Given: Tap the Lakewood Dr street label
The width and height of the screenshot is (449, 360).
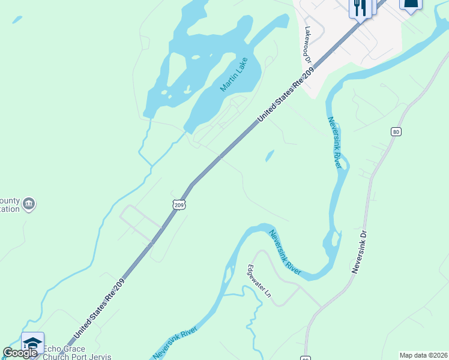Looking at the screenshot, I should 308,45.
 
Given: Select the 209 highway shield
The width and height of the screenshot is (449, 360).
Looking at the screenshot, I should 178,205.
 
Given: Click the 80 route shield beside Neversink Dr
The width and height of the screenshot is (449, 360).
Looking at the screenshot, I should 395,132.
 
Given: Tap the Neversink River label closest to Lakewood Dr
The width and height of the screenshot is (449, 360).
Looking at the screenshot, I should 335,143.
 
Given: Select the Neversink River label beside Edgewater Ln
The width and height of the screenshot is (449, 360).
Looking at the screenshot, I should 285,253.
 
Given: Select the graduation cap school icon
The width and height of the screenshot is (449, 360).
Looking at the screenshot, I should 32,343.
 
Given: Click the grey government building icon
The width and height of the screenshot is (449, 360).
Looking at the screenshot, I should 28,205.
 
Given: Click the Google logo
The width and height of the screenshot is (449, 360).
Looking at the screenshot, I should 20,353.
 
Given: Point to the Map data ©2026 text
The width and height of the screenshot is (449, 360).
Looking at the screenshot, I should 423,355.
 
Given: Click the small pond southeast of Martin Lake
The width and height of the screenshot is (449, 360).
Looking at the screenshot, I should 270,156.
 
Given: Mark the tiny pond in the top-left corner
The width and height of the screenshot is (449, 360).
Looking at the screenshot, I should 17,20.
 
